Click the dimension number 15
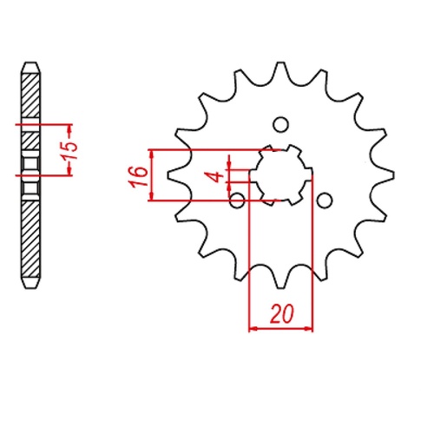coord(75,150)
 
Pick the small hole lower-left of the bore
coord(237,201)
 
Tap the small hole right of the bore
coord(324,201)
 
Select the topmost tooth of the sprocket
coord(280,70)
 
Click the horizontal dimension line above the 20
coord(280,329)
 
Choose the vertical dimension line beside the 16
coord(153,176)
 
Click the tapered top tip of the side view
coord(30,66)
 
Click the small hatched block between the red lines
coord(30,138)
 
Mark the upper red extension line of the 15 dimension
coord(43,125)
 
